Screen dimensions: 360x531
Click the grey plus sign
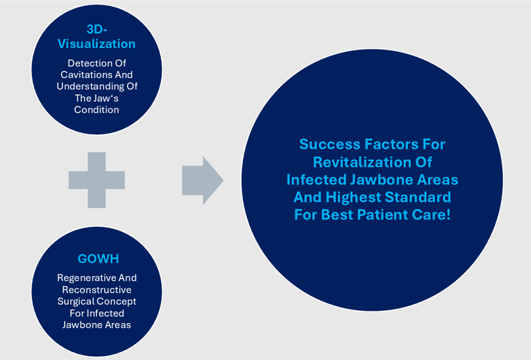pyautogui.click(x=96, y=180)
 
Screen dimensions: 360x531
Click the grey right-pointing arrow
pyautogui.click(x=202, y=180)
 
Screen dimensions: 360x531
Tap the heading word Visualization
pyautogui.click(x=96, y=44)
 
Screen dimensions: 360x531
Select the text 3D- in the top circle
pyautogui.click(x=96, y=29)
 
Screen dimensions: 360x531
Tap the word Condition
pyautogui.click(x=96, y=110)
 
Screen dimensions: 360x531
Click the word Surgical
pyautogui.click(x=79, y=301)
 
